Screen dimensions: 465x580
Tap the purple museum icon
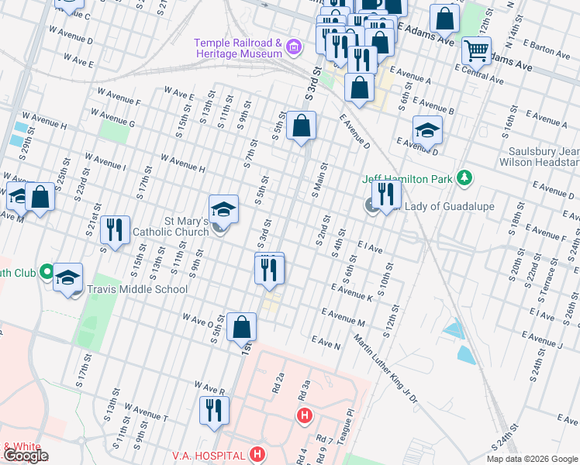(294, 48)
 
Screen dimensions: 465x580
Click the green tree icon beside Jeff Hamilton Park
(464, 179)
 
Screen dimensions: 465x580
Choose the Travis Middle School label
(137, 289)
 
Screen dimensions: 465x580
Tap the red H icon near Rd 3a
(305, 416)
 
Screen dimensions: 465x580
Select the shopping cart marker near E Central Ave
(476, 51)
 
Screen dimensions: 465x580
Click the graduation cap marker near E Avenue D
(426, 130)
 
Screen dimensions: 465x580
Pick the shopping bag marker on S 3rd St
(301, 126)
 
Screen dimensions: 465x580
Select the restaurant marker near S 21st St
(114, 229)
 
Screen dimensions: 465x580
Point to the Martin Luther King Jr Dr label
(385, 369)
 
